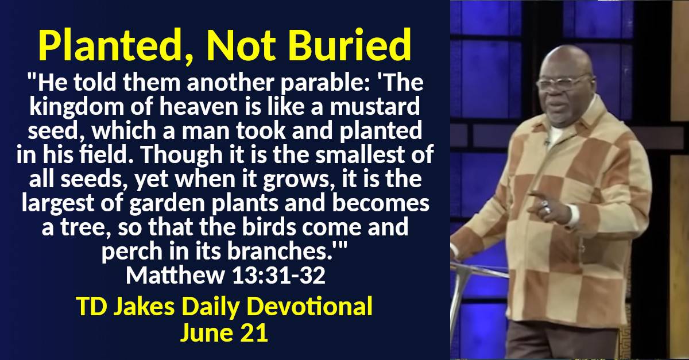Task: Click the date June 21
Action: (x=224, y=334)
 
